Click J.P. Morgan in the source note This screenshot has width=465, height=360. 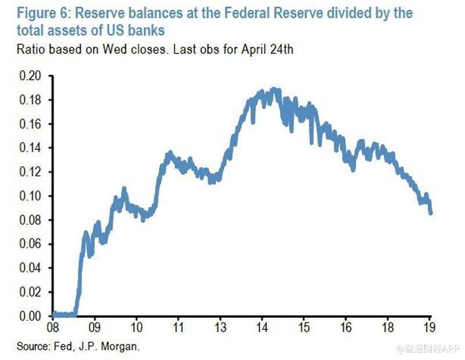110,347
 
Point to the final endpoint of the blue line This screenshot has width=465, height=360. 431,213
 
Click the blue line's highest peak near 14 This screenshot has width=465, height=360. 273,89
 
